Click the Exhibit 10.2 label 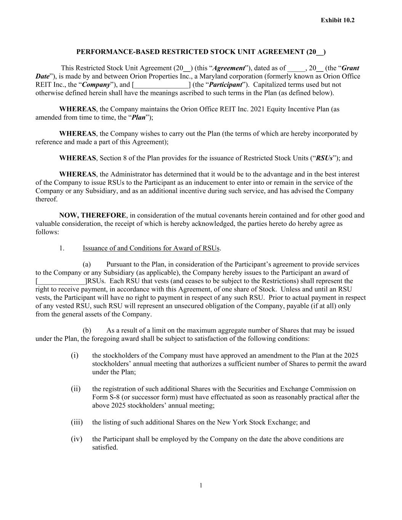pos(337,20)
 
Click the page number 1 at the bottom pos(201,485)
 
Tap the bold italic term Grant pos(350,68)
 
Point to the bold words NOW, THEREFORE pos(92,215)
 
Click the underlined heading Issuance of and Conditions pos(151,248)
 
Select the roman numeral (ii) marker pos(75,389)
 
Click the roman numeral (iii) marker pos(76,422)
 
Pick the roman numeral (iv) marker pos(76,439)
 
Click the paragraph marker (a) pos(87,264)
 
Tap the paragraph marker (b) pos(87,330)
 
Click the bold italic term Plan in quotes pos(139,117)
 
